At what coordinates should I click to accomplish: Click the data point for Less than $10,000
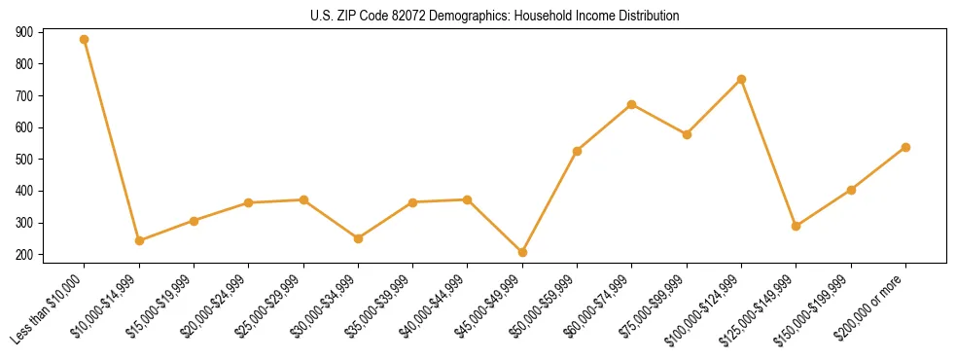click(x=85, y=40)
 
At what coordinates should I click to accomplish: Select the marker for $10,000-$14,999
click(x=139, y=240)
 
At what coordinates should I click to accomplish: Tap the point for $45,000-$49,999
click(x=522, y=252)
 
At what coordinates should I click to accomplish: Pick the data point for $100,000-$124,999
click(x=741, y=79)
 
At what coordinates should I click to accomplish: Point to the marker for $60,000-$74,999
click(x=632, y=104)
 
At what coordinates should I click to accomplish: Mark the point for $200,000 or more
click(x=905, y=147)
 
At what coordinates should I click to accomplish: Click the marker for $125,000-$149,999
click(x=797, y=226)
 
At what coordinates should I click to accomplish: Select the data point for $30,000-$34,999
click(x=358, y=238)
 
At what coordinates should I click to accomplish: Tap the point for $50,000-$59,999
click(x=578, y=151)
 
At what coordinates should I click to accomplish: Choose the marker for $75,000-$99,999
click(x=687, y=134)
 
